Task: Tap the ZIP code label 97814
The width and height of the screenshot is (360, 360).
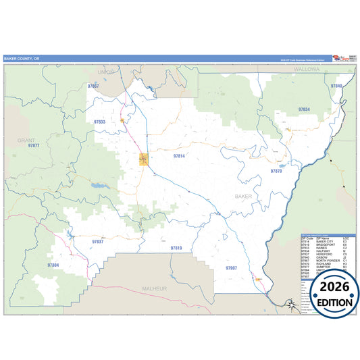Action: [178, 156]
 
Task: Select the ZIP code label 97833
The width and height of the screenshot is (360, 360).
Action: [99, 122]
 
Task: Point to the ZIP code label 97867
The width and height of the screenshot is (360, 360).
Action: [93, 86]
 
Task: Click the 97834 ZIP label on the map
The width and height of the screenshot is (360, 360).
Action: [304, 109]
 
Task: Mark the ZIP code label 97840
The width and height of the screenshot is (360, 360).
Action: [336, 86]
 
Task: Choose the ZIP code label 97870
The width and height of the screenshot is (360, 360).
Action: [276, 172]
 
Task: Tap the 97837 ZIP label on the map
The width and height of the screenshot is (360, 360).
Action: [98, 241]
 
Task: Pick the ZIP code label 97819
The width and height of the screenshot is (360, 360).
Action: [176, 249]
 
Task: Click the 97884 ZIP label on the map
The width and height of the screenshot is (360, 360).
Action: [53, 265]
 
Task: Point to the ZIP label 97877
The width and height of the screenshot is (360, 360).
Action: [34, 146]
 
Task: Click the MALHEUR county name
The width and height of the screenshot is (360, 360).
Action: [154, 288]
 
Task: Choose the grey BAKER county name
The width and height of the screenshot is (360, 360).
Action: [243, 196]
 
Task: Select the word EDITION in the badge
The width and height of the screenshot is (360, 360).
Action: [330, 302]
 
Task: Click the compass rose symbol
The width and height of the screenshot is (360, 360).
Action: [290, 305]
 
